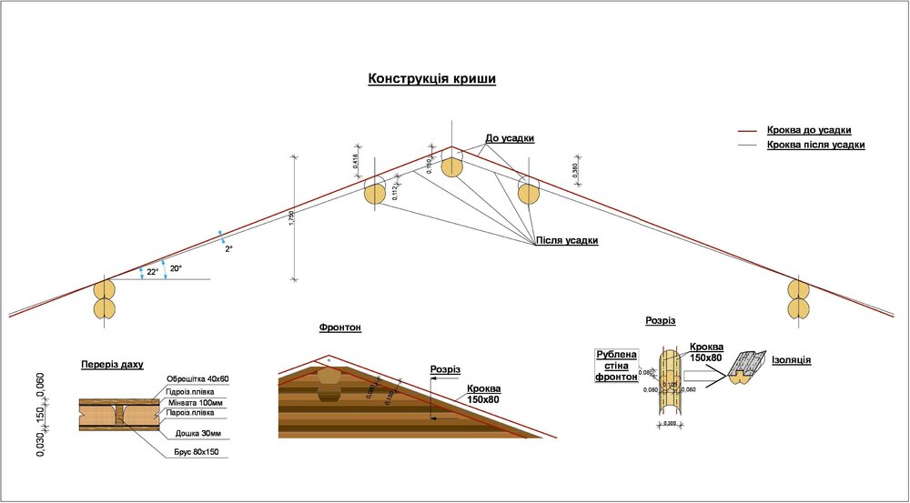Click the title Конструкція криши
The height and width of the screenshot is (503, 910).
pyautogui.click(x=431, y=79)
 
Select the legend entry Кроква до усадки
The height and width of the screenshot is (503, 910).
pyautogui.click(x=814, y=130)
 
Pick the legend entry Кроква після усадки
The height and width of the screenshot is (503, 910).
pyautogui.click(x=815, y=145)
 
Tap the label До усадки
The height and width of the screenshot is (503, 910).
pyautogui.click(x=510, y=138)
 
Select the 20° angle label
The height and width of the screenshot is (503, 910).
pyautogui.click(x=176, y=268)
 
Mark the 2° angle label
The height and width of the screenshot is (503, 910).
pyautogui.click(x=229, y=247)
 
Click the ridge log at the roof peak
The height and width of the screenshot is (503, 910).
pyautogui.click(x=452, y=167)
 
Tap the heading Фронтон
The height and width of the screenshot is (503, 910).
pyautogui.click(x=340, y=327)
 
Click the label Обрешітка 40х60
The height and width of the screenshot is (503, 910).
pyautogui.click(x=197, y=379)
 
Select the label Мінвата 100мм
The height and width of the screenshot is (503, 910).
pyautogui.click(x=195, y=401)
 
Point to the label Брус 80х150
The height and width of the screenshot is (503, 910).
pyautogui.click(x=196, y=451)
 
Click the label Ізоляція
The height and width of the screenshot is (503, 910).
pyautogui.click(x=792, y=360)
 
